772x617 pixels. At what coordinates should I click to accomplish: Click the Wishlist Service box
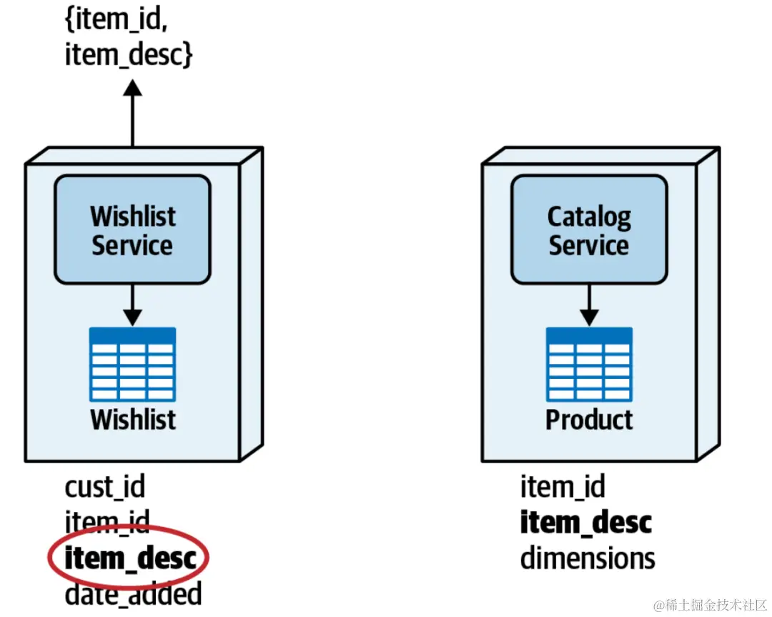[132, 229]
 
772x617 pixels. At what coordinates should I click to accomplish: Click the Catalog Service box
[589, 229]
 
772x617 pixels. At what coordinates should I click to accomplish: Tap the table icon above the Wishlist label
[132, 364]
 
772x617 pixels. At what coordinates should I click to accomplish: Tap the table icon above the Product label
[589, 364]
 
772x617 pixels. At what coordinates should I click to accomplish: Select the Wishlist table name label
[133, 419]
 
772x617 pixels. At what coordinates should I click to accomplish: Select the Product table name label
[589, 419]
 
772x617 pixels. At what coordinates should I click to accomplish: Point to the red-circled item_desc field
[129, 558]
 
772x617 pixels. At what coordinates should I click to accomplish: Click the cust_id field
[105, 488]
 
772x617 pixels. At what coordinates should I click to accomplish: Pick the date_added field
[133, 594]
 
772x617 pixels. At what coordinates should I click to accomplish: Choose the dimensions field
[588, 558]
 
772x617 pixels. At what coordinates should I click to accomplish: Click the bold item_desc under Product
[585, 523]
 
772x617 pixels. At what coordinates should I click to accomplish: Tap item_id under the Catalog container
[563, 488]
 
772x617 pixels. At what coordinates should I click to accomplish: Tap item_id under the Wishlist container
[107, 523]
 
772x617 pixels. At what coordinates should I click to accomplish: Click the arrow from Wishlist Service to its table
[132, 306]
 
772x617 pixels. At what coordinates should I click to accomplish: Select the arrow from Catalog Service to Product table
[589, 306]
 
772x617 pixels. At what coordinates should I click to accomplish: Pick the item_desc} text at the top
[129, 54]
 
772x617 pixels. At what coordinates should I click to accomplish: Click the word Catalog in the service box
[589, 215]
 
